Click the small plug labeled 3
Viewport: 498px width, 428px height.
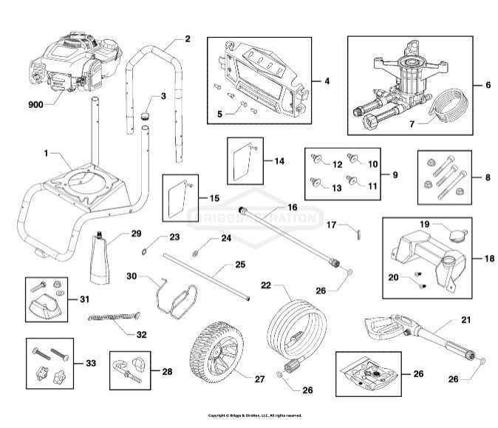[x=146, y=116]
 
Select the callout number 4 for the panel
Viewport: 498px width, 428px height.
[x=327, y=80]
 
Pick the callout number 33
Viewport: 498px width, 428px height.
[x=90, y=363]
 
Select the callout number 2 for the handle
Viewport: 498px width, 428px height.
[x=187, y=38]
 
